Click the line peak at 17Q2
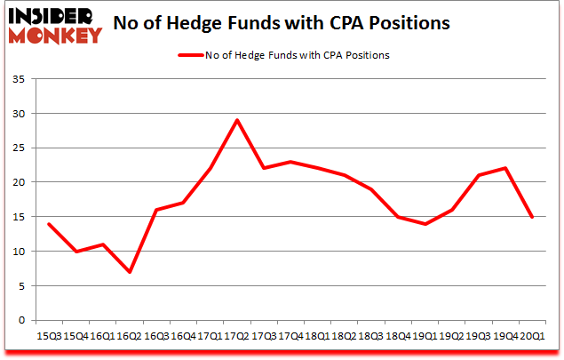tap(237, 120)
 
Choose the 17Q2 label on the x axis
tap(237, 335)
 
